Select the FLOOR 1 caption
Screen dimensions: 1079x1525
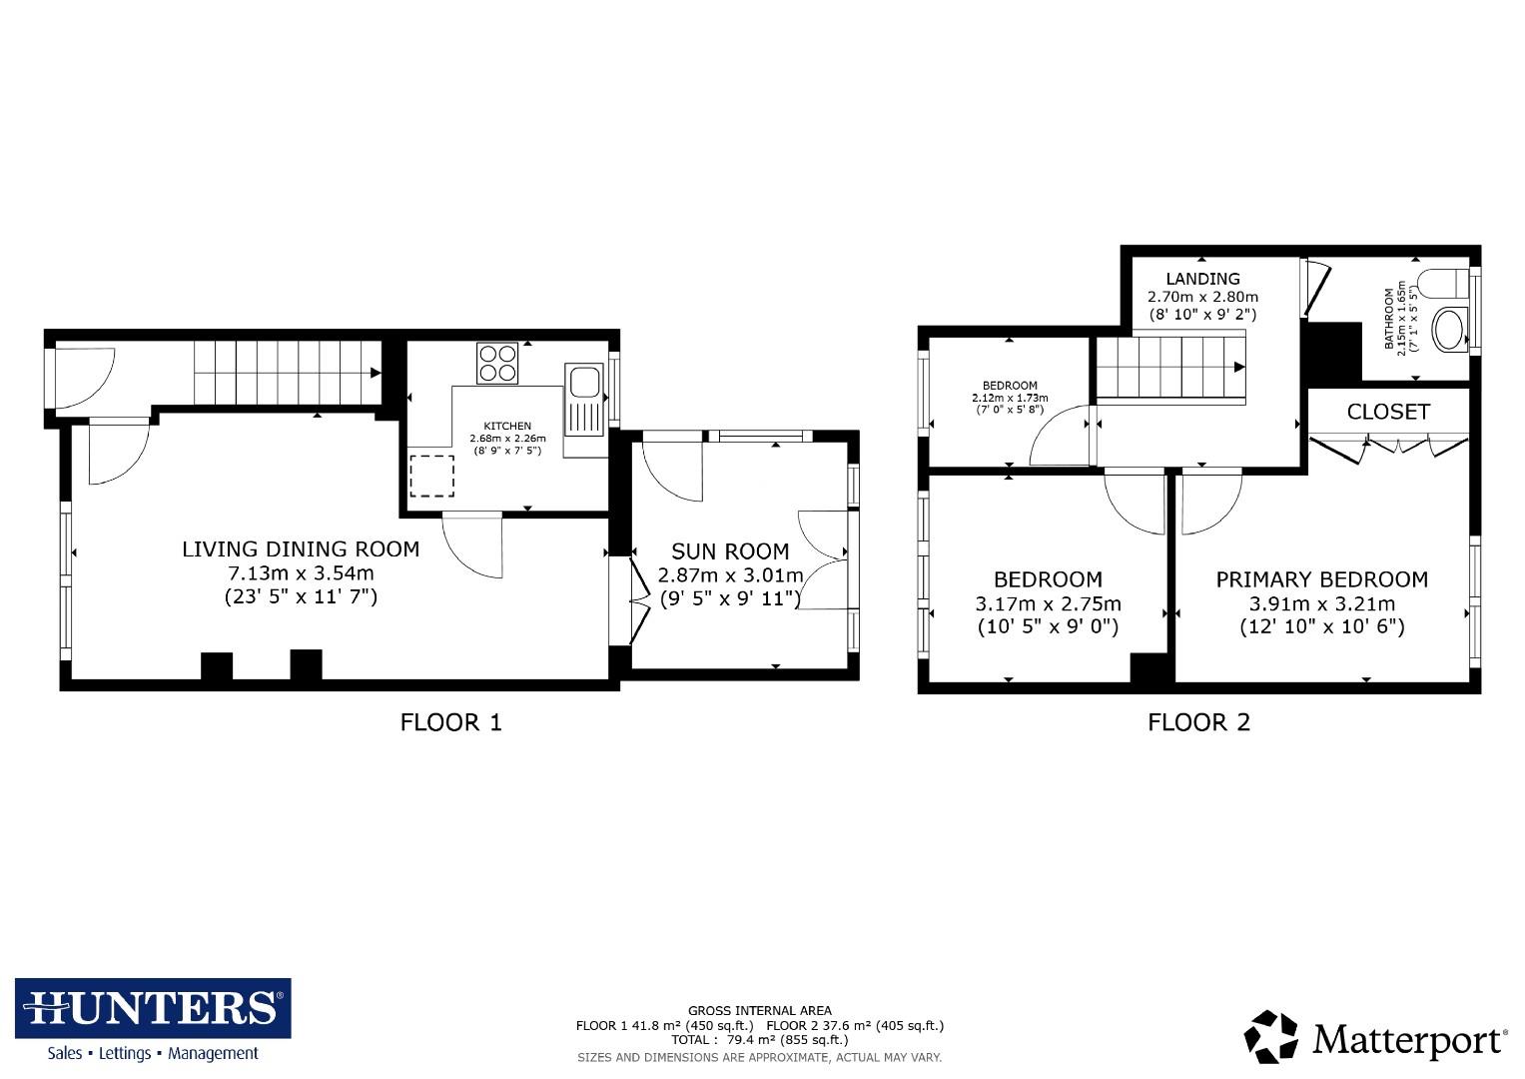point(450,721)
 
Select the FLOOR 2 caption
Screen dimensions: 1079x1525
point(1198,721)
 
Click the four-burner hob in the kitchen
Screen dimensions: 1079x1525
point(498,363)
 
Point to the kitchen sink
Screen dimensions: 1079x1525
point(583,383)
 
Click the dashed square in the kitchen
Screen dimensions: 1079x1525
point(431,476)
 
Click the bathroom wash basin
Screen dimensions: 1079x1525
point(1449,329)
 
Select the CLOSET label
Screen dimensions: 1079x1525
point(1388,412)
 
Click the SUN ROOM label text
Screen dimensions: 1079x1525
point(730,551)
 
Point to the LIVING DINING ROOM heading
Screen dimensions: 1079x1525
point(301,548)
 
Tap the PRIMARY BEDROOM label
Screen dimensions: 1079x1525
point(1321,579)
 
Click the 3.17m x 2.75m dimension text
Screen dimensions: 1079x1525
point(1048,603)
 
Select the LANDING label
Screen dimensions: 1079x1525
point(1202,279)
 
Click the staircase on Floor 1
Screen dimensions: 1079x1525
point(286,373)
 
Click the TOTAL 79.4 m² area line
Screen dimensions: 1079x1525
point(759,1039)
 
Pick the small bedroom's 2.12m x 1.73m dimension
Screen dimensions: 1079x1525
point(1010,398)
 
